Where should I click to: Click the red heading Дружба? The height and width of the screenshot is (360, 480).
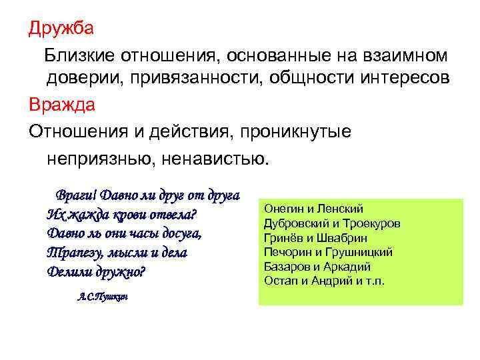61,29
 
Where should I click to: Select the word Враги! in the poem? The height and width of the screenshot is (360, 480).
77,196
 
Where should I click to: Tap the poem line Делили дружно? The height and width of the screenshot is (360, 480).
97,272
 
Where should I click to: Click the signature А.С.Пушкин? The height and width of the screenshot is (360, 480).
99,296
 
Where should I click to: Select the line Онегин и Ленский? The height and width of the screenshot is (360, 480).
314,209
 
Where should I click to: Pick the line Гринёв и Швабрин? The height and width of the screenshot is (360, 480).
316,237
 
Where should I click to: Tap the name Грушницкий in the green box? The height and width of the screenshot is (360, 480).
363,252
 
